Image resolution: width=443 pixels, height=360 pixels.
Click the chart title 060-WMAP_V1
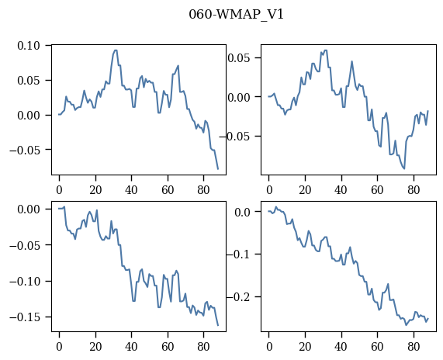coord(236,15)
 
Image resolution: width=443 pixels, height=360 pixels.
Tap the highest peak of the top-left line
coord(116,50)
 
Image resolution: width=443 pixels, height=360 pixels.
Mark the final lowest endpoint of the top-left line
coord(218,169)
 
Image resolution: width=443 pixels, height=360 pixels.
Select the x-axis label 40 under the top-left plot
coord(131,190)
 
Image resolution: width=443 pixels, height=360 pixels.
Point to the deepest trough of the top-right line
coord(404,168)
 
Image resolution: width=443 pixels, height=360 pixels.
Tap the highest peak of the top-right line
coord(326,50)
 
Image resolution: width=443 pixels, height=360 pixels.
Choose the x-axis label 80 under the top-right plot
coord(414,190)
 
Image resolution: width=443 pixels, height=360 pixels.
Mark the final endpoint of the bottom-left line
coord(218,326)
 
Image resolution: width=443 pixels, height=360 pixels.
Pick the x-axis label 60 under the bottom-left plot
coord(168,347)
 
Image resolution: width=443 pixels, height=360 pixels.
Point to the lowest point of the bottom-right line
coord(407,325)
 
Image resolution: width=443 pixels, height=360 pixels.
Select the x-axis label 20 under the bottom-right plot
coord(305,347)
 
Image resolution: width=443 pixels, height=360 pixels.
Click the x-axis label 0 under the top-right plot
coord(269,190)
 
